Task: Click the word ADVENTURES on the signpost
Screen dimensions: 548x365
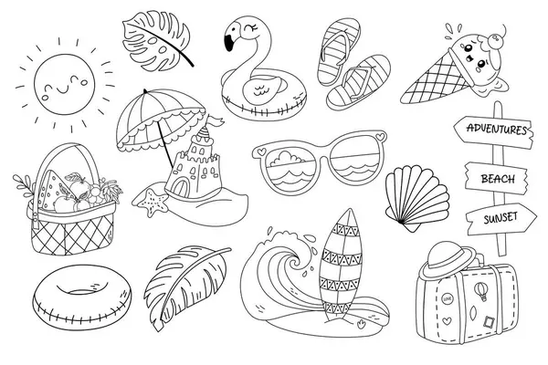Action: point(497,130)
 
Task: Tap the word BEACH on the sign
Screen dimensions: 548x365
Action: point(498,179)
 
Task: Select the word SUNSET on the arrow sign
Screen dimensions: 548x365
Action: point(501,218)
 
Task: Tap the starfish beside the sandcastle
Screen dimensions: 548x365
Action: point(151,203)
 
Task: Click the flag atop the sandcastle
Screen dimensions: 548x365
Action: point(216,120)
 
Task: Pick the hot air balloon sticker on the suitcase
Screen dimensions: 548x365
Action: point(480,290)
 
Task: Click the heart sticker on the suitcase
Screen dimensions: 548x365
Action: point(447,320)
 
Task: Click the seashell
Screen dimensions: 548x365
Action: point(416,197)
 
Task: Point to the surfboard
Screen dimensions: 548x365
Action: point(340,265)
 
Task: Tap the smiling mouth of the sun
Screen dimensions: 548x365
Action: point(63,90)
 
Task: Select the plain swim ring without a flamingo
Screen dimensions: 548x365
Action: point(82,297)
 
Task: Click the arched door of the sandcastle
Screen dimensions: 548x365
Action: point(179,189)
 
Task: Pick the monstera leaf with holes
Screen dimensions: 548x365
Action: point(156,41)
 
